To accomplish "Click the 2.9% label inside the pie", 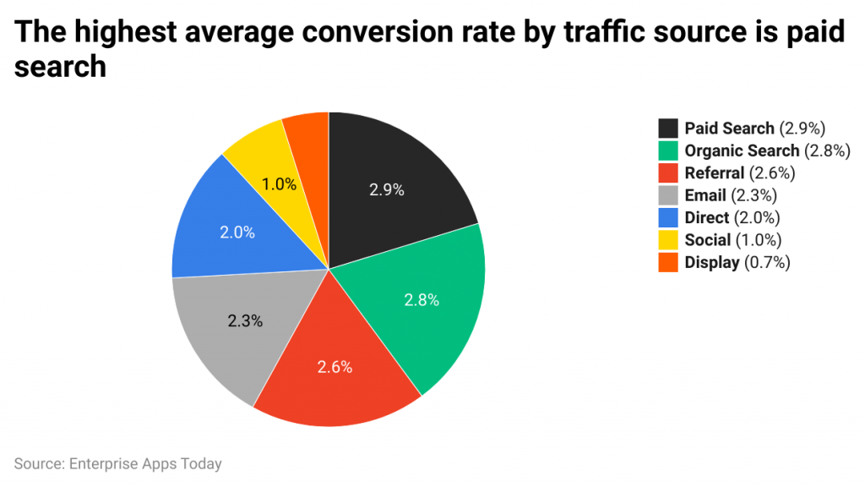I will click(x=387, y=190).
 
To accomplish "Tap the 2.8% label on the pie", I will click(x=422, y=299).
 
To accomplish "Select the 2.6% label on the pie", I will click(x=335, y=367).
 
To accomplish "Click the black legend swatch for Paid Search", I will click(x=668, y=129).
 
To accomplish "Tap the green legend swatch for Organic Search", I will click(x=668, y=150).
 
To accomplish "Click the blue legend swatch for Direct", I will click(x=668, y=217).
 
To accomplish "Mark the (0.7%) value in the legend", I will click(x=767, y=262).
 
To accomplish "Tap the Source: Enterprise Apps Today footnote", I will click(x=117, y=463).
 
